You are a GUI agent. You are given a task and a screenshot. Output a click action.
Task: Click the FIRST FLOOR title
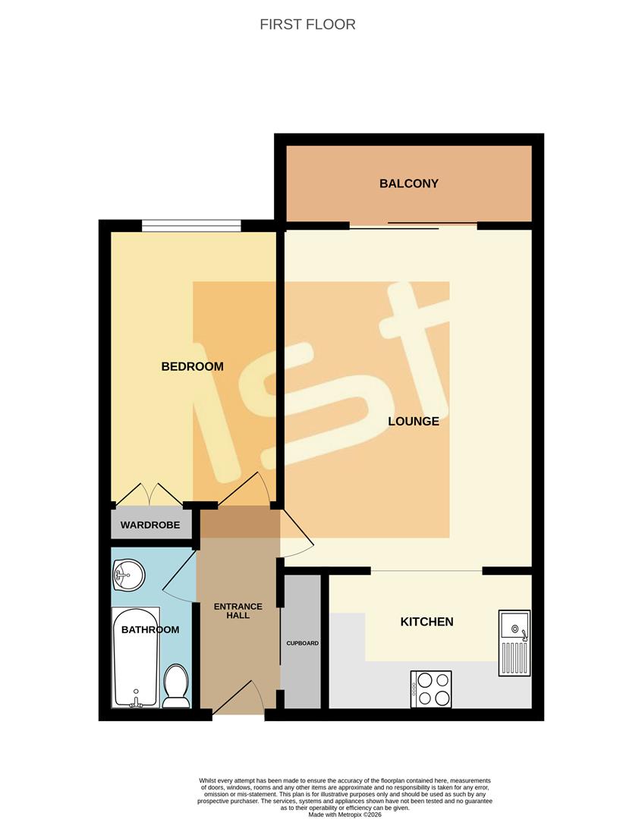(x=307, y=24)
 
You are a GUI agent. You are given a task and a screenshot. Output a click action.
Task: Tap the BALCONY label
(x=409, y=184)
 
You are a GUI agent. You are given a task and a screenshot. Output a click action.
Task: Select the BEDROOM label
(x=192, y=366)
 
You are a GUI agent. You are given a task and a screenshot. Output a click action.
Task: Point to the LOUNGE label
(x=414, y=421)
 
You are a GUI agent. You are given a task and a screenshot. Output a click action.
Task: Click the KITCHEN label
(x=426, y=622)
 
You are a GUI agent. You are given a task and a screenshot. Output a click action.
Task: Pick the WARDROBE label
(x=150, y=525)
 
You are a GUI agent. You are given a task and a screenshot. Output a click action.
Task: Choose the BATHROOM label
(x=150, y=629)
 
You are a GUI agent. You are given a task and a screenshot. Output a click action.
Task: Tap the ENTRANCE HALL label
(x=238, y=611)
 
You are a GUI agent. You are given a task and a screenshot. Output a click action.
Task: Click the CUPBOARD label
(x=302, y=643)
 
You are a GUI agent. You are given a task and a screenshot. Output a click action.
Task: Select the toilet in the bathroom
(x=176, y=686)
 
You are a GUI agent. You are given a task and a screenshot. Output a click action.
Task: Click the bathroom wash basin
(x=128, y=576)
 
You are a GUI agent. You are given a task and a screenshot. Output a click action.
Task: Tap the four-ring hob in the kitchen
(x=431, y=689)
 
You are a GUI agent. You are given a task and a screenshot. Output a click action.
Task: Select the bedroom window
(x=191, y=224)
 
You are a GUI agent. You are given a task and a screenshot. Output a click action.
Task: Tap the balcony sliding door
(x=414, y=225)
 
